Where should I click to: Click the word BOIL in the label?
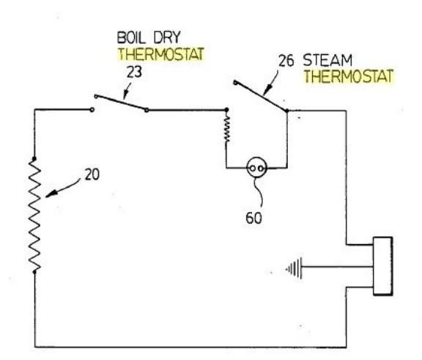pyautogui.click(x=131, y=37)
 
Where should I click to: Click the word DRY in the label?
pyautogui.click(x=166, y=37)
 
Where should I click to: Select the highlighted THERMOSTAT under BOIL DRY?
pyautogui.click(x=161, y=54)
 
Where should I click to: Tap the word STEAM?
pyautogui.click(x=327, y=60)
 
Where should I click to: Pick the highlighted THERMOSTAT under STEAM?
pyautogui.click(x=349, y=76)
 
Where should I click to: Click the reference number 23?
pyautogui.click(x=134, y=72)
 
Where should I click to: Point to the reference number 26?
pyautogui.click(x=286, y=61)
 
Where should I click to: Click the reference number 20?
pyautogui.click(x=92, y=175)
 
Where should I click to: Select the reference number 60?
pyautogui.click(x=253, y=218)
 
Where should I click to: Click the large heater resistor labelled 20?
pyautogui.click(x=34, y=216)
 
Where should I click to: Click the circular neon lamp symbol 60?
pyautogui.click(x=256, y=168)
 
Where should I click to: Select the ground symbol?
pyautogui.click(x=295, y=268)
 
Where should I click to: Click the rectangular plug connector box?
pyautogui.click(x=382, y=266)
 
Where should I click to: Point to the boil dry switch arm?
pyautogui.click(x=121, y=103)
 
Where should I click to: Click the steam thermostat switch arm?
pyautogui.click(x=261, y=96)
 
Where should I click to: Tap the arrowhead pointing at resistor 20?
pyautogui.click(x=51, y=194)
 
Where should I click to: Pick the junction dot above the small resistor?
pyautogui.click(x=226, y=110)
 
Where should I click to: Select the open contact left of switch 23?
pyautogui.click(x=92, y=109)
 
